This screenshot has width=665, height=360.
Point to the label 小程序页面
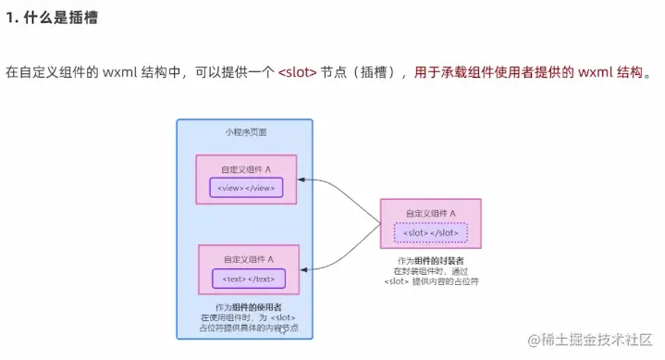click(246, 131)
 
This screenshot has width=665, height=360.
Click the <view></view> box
click(245, 188)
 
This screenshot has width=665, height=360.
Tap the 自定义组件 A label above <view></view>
click(246, 169)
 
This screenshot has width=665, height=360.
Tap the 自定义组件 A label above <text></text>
click(248, 259)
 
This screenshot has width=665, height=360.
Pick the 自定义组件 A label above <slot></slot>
click(431, 213)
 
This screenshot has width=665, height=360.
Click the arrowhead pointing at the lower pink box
click(304, 269)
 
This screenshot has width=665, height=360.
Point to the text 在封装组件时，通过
click(431, 272)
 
